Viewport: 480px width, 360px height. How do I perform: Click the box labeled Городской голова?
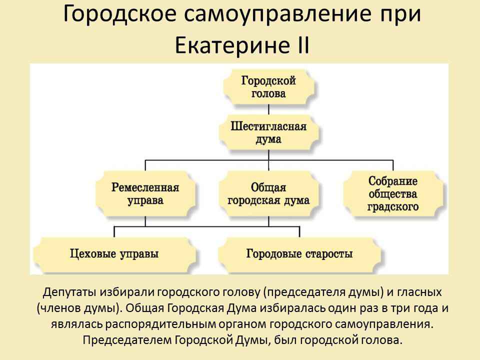tap(268, 87)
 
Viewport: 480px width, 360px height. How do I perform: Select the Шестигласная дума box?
tap(268, 132)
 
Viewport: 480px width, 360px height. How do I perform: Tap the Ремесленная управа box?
tap(145, 194)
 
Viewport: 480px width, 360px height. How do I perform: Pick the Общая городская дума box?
tap(268, 194)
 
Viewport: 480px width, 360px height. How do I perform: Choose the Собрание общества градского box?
tap(393, 194)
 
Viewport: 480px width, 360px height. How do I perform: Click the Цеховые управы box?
tap(114, 254)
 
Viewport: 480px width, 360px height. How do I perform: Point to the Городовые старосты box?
tap(299, 254)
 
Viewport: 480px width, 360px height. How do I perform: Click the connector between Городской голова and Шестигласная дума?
tap(268, 110)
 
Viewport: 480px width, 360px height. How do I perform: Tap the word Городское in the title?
tap(119, 14)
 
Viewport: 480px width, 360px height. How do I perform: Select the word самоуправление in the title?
tap(278, 14)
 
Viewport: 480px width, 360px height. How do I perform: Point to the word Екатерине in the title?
tap(232, 45)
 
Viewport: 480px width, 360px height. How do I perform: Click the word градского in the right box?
tap(393, 206)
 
